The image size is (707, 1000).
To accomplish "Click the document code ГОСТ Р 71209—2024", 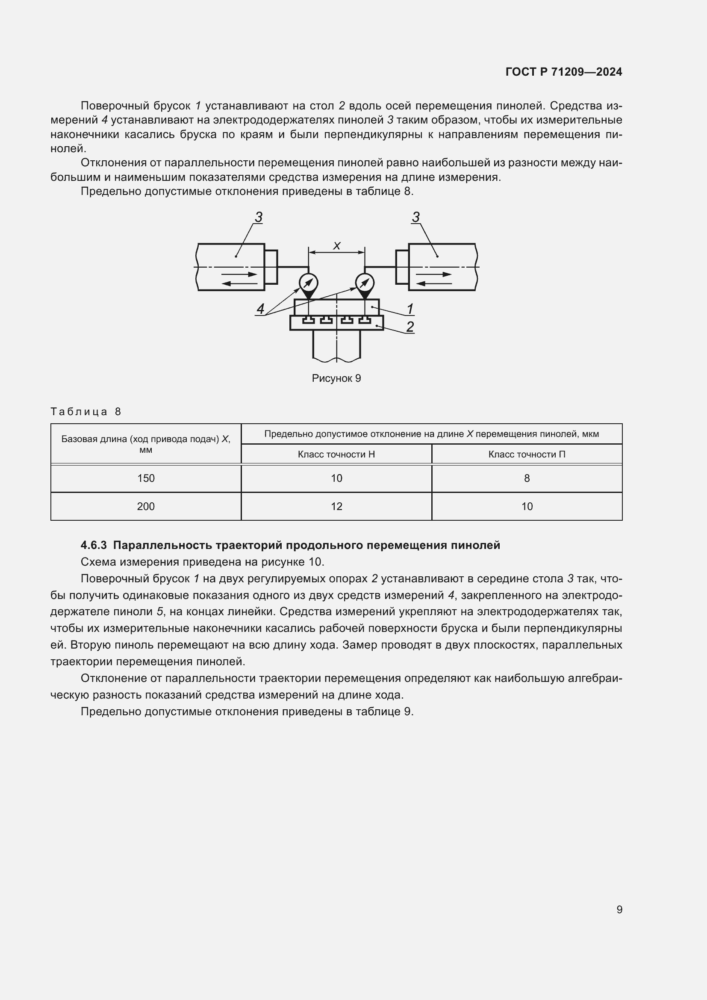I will [564, 72].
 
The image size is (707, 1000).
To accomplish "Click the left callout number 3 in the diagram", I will [259, 217].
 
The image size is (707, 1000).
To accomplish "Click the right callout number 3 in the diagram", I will [416, 217].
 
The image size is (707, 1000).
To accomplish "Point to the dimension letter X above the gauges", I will [336, 246].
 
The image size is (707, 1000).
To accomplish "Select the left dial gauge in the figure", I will [308, 283].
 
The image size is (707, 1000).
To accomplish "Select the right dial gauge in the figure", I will [364, 283].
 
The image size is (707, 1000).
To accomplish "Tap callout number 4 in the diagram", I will [260, 309].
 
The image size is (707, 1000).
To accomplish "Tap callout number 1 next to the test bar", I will [409, 309].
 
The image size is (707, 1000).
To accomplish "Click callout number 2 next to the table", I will [409, 327].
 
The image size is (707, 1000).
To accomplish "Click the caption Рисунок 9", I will [336, 378].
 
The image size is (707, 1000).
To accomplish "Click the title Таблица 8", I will [86, 412].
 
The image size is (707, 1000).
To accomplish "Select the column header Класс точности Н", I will [336, 454].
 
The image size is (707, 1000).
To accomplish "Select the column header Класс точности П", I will [527, 454].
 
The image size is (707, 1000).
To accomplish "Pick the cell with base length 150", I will [146, 478].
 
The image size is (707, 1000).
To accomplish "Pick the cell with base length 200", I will [146, 506].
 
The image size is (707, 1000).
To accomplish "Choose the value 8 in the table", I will [527, 478].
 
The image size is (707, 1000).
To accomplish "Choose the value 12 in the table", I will [336, 506].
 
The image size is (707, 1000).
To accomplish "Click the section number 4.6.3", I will [94, 545].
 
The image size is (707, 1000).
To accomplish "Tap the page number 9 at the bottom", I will [619, 909].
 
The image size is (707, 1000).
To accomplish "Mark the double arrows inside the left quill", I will [239, 279].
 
